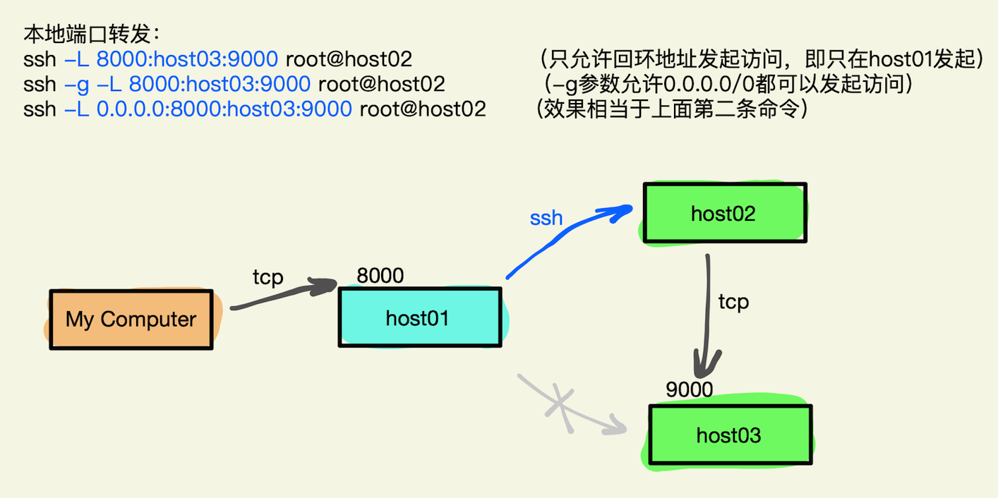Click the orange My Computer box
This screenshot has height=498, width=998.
[x=131, y=319]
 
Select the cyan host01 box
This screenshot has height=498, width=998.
[x=419, y=317]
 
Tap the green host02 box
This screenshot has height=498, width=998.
[x=723, y=213]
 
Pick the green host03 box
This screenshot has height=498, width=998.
[x=729, y=435]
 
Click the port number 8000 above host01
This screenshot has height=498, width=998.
[x=380, y=275]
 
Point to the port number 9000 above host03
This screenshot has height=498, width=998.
[x=689, y=389]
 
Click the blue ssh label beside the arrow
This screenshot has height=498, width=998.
[x=546, y=217]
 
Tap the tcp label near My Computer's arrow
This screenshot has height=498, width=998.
[x=267, y=277]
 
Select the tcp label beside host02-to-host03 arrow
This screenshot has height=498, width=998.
[x=733, y=302]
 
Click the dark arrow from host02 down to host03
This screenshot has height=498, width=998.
[x=706, y=317]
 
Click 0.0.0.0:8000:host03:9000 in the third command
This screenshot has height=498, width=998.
[x=224, y=109]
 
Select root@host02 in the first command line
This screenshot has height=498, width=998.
[x=349, y=59]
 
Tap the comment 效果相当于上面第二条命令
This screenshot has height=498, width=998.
[x=671, y=109]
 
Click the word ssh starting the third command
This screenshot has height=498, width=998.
[x=40, y=109]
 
